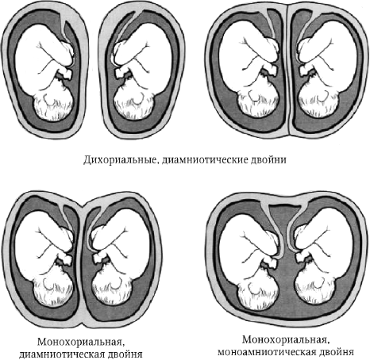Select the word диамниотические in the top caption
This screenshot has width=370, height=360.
click(x=204, y=160)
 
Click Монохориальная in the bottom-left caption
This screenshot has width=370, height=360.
click(x=81, y=343)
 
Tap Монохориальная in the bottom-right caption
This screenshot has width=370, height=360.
click(x=286, y=339)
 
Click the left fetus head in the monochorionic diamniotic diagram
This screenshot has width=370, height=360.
click(x=53, y=288)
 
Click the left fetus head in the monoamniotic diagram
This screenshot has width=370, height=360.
click(x=258, y=285)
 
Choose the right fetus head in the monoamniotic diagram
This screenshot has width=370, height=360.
click(x=315, y=285)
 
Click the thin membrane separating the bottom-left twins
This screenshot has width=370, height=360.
click(x=81, y=264)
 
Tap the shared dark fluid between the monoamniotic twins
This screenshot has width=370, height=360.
click(x=287, y=291)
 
